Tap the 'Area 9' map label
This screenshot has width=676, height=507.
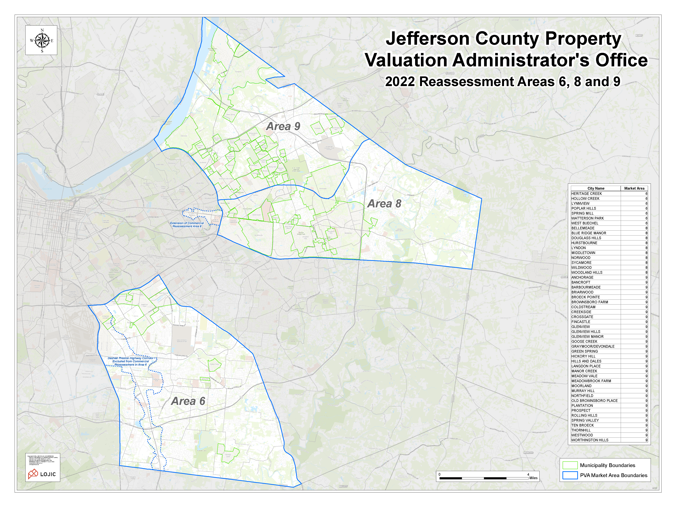(283, 126)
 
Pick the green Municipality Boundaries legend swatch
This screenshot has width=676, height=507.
(570, 465)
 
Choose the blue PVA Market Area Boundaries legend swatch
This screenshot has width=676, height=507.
(570, 475)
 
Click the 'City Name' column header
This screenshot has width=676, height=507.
(596, 188)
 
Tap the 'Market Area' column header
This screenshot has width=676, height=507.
(634, 188)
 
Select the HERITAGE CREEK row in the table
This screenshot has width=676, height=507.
(586, 193)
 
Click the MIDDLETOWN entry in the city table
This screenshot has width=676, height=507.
(583, 253)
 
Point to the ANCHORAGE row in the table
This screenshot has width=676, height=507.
(582, 277)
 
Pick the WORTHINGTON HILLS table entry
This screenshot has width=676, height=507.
(590, 440)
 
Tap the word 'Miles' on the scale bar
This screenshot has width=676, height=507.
(533, 478)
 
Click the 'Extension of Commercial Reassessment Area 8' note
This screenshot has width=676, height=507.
(187, 225)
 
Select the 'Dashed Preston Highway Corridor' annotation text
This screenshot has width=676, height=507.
(130, 358)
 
